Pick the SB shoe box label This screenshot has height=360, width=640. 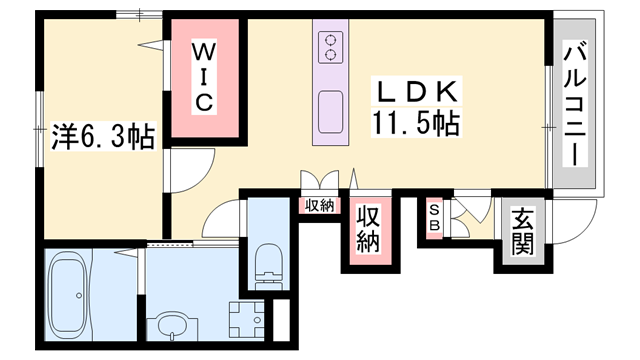click(435, 218)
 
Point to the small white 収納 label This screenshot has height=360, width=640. click(320, 205)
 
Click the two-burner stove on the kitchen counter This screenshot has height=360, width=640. click(329, 44)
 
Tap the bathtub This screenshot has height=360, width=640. click(69, 294)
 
